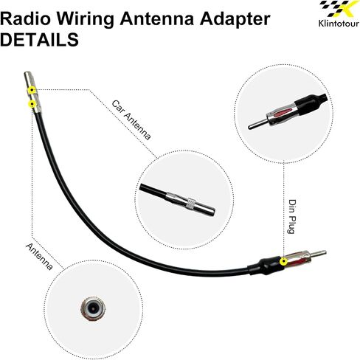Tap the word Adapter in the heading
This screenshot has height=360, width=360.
235,20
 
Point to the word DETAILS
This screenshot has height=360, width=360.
39,40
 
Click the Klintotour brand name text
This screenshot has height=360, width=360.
339,24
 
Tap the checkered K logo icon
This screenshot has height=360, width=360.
339,10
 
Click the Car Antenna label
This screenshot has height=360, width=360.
131,120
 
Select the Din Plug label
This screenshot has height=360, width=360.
292,216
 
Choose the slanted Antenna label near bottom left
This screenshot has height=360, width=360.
39,257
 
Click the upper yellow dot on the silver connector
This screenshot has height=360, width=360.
32,90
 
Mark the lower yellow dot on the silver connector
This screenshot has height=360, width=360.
32,104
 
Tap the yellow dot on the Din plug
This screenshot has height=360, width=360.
284,262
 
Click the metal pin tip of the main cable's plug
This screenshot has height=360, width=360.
325,252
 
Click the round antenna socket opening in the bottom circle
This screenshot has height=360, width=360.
93,307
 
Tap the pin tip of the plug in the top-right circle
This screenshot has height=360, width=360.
250,127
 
